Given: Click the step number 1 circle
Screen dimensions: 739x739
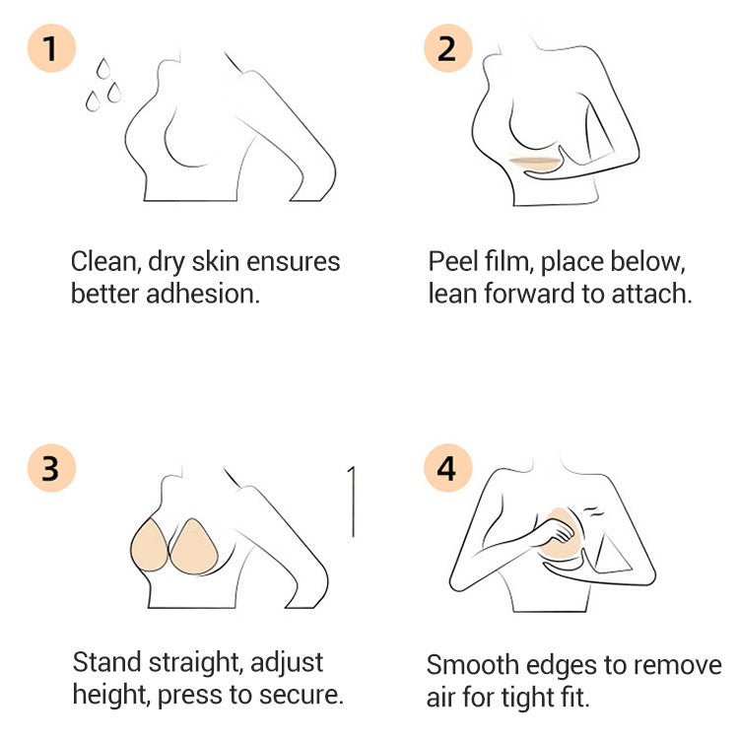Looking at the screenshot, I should [50, 46].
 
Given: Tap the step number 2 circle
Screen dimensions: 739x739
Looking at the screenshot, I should [447, 46].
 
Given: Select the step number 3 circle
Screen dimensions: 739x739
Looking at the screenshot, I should [50, 468].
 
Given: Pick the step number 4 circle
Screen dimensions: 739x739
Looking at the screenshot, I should [447, 468].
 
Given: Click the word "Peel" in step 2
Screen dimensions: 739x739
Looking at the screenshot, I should [450, 262].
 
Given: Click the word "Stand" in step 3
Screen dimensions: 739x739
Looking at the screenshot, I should [106, 661].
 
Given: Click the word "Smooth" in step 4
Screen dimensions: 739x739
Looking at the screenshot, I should [474, 665].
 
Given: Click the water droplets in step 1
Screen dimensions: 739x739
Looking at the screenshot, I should [101, 83].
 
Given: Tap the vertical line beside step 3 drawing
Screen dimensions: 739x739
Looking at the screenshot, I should [352, 502].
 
